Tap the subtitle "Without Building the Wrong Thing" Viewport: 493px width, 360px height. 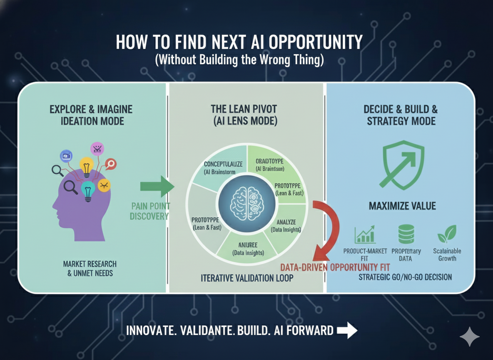tap(239, 60)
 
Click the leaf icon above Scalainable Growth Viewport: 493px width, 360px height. tap(447, 234)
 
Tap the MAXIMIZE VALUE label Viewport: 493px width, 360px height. tap(402, 206)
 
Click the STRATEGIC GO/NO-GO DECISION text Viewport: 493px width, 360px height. tap(405, 277)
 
